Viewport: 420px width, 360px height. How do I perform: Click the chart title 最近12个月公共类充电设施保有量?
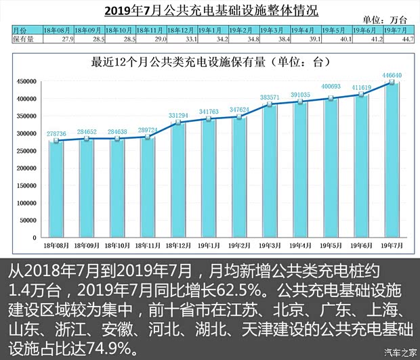203,62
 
